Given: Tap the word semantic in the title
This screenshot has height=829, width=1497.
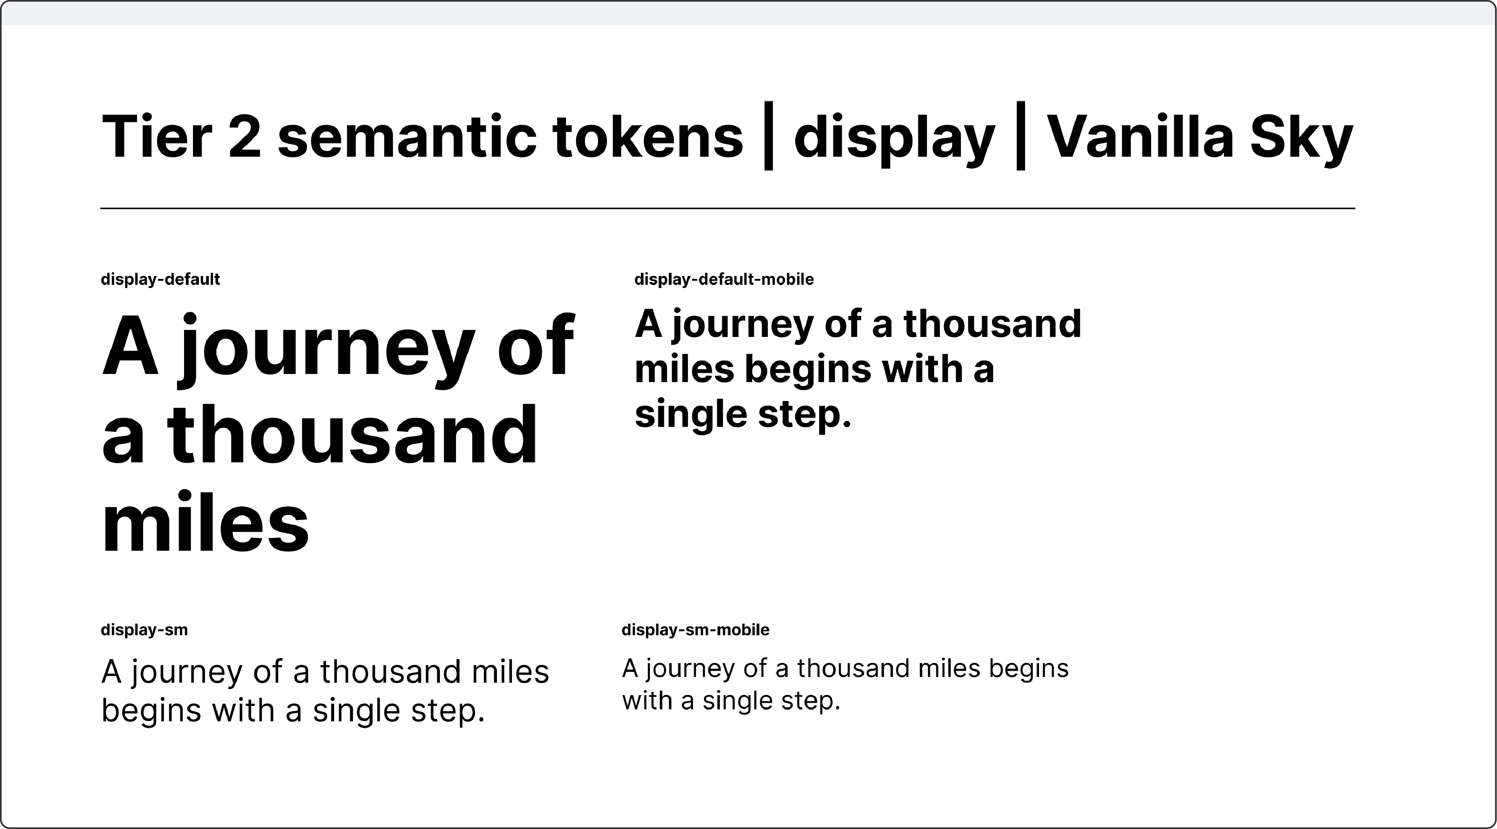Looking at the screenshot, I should (407, 137).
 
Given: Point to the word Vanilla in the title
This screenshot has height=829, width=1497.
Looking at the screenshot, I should (1139, 137).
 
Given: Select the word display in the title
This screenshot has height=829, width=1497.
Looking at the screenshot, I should (894, 137).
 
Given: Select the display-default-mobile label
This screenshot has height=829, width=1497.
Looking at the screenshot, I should (723, 280).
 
